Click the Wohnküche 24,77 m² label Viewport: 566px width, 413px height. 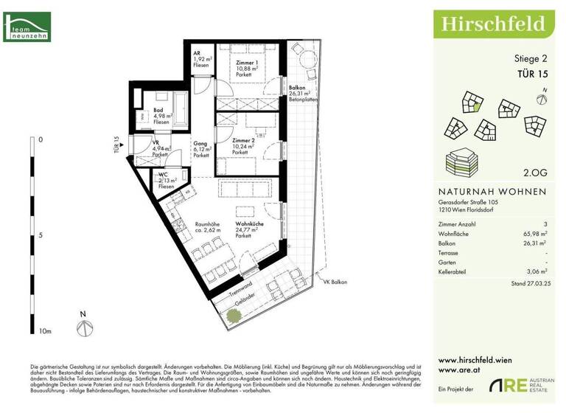[250, 229]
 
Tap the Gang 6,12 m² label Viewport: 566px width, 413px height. [202, 150]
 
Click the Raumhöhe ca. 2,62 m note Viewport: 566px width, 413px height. [209, 229]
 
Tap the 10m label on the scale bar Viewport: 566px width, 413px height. [46, 332]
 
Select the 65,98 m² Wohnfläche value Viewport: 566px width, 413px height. [534, 233]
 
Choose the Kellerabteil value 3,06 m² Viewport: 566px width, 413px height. [535, 271]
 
